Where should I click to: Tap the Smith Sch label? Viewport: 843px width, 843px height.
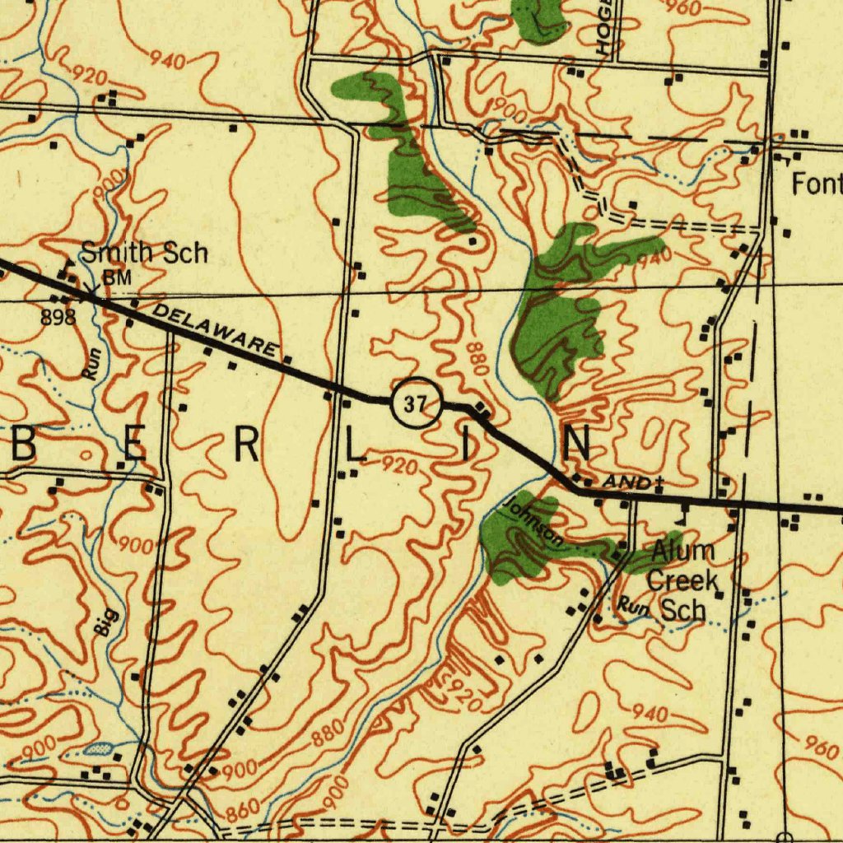pyautogui.click(x=143, y=253)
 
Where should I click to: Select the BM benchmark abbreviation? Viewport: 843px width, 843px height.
pyautogui.click(x=117, y=278)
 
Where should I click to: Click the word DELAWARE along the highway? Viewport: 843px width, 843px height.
pyautogui.click(x=215, y=329)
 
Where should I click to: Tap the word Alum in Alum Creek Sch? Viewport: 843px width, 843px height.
pyautogui.click(x=682, y=551)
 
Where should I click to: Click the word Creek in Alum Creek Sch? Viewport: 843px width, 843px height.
pyautogui.click(x=682, y=580)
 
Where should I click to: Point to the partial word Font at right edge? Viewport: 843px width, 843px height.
pyautogui.click(x=817, y=184)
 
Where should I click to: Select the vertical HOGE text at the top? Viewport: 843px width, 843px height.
pyautogui.click(x=608, y=29)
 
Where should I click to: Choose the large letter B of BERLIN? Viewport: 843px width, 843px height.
pyautogui.click(x=23, y=446)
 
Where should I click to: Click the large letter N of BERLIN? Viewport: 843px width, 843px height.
pyautogui.click(x=576, y=445)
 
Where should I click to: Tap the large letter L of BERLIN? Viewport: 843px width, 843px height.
pyautogui.click(x=354, y=446)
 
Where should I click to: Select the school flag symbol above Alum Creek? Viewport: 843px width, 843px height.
pyautogui.click(x=682, y=516)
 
